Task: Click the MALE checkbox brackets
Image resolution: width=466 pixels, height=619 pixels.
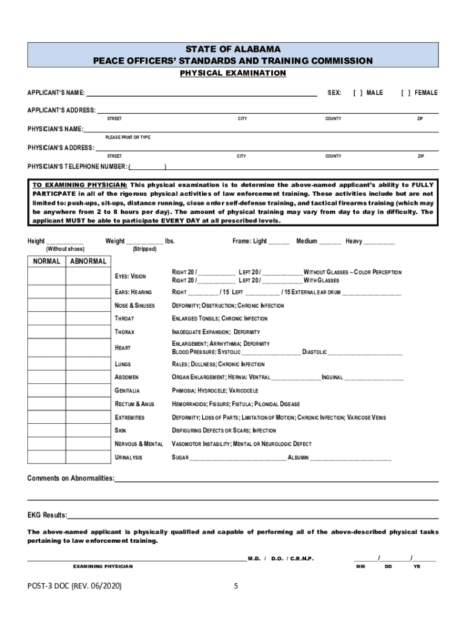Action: (357, 92)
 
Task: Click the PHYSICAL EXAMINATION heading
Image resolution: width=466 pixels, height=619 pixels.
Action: (233, 73)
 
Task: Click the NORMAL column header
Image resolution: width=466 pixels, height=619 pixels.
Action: (47, 261)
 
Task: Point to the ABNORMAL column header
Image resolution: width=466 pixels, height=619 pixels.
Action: (88, 261)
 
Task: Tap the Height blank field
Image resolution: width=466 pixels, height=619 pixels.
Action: (65, 241)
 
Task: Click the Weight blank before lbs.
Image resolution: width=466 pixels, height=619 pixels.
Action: (145, 241)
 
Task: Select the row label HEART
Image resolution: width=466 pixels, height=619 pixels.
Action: (123, 348)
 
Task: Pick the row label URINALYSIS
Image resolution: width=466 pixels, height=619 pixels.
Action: (129, 458)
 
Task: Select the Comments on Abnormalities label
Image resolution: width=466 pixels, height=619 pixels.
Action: (71, 478)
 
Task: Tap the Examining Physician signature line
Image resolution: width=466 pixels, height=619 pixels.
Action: (136, 559)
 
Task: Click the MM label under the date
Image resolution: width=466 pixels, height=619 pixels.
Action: (361, 566)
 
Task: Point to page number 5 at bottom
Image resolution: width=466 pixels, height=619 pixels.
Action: (237, 586)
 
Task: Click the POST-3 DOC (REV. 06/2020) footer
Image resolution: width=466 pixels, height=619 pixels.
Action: (74, 586)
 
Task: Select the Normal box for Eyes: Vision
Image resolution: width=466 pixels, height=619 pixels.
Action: (47, 276)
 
